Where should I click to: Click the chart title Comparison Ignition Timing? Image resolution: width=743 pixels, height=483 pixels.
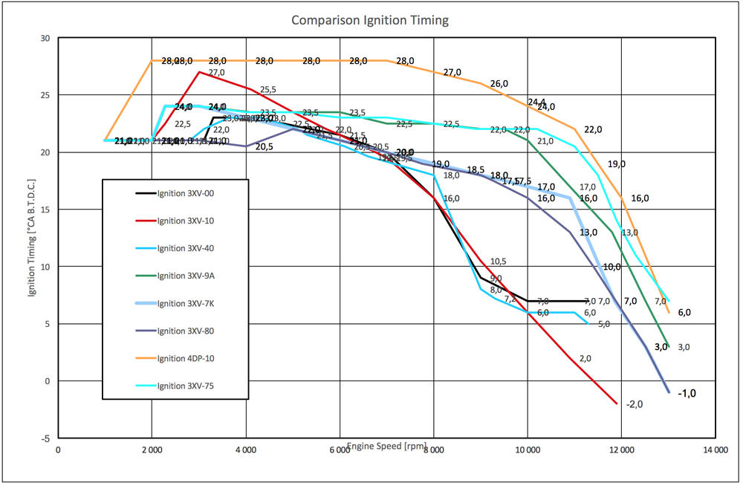tap(369, 20)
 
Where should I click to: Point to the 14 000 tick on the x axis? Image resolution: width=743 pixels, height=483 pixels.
tap(716, 449)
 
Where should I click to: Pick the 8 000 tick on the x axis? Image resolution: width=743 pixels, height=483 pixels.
tap(434, 449)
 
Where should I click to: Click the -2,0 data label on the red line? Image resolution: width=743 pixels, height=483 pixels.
tap(634, 404)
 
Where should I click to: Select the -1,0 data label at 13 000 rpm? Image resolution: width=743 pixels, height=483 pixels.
tap(687, 393)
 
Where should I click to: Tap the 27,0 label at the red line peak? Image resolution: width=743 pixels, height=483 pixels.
tap(216, 73)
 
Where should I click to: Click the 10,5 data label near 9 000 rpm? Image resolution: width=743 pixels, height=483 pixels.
tap(498, 262)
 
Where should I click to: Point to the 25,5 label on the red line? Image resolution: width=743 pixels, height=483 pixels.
tap(267, 90)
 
